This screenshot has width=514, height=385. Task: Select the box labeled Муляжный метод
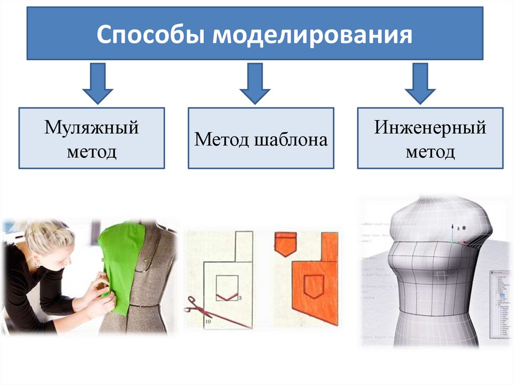[x=91, y=138]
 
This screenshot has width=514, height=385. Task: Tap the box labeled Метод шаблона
[x=261, y=138]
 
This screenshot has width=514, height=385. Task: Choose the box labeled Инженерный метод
[x=430, y=138]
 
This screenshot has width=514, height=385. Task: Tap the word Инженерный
[x=430, y=127]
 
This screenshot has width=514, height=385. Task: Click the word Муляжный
[x=91, y=127]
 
